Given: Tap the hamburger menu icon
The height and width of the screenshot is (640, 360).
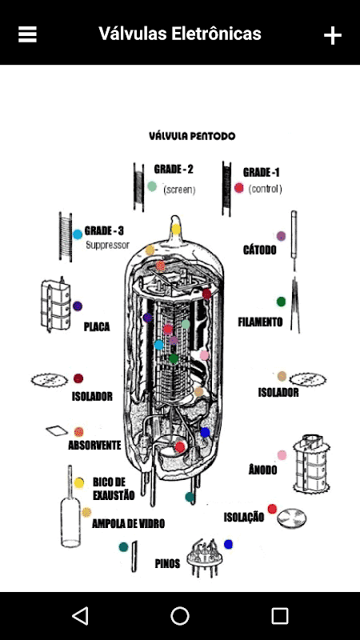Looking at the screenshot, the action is pos(27,34).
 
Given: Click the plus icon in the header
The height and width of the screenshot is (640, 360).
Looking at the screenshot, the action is pos(333,36).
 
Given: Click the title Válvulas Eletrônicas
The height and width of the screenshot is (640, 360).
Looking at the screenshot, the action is pos(179,34).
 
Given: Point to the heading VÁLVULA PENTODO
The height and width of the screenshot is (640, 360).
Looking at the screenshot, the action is pos(192,136).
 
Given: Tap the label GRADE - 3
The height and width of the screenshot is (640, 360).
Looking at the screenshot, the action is pos(104,231).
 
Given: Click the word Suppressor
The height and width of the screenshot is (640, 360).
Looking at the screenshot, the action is pos(107,245).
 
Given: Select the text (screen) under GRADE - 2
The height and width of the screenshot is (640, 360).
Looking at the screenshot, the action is pos(179,190).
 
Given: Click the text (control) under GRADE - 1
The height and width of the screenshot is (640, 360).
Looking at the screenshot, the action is pos(265,189).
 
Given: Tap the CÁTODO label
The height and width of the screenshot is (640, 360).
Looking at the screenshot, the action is pos(259,250).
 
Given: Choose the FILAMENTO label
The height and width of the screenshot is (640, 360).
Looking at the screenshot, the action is pos(260,322).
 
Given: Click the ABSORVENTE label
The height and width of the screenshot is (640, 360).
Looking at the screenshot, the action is pos(94,445).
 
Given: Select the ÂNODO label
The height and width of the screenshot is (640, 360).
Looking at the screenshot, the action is pos(262,470).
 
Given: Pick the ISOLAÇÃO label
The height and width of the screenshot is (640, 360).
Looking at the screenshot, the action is pos(244,517).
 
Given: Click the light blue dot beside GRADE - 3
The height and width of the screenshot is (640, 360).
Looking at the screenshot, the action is pos(78,234).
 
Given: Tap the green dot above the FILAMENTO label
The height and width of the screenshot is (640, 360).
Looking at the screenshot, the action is pos(281,302).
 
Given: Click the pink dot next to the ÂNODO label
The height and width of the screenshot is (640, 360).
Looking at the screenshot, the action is pos(282,455).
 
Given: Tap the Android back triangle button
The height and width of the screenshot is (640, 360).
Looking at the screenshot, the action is pos(80,615).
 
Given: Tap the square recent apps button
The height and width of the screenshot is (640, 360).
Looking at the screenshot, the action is pos(280,615).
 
